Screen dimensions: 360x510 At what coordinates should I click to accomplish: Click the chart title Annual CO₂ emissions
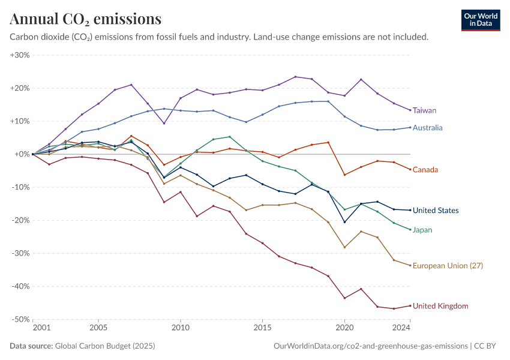pos(86,19)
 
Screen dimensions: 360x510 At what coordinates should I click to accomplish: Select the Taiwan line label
pos(424,110)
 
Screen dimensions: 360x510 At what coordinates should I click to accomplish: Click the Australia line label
pos(427,128)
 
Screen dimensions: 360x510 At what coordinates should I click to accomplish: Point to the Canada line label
pos(425,170)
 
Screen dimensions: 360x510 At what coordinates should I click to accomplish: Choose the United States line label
pos(436,211)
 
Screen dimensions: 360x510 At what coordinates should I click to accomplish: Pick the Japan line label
pos(422,230)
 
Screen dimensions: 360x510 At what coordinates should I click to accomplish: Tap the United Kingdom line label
pos(440,306)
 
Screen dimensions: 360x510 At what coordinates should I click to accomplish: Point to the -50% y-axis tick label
pos(20,319)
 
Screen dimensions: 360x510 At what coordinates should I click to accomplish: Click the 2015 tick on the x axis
pos(262,328)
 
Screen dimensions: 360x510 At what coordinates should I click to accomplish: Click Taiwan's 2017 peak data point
pos(295,77)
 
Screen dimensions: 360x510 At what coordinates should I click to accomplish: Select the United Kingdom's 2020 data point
pos(344,298)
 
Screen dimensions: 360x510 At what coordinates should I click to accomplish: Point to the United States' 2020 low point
pos(344,222)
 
